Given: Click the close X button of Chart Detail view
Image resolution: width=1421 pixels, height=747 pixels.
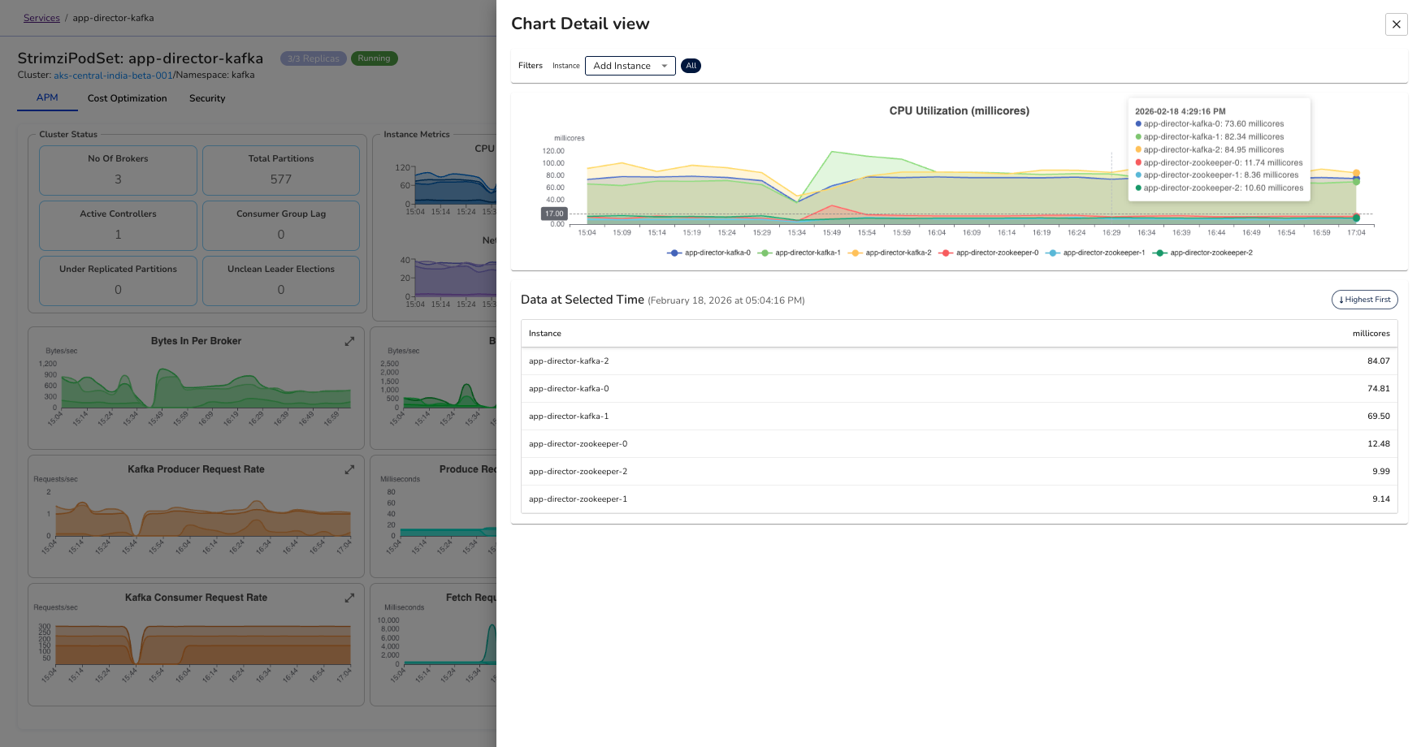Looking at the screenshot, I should coord(1396,24).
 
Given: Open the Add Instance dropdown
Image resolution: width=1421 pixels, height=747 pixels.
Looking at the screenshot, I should coord(630,66).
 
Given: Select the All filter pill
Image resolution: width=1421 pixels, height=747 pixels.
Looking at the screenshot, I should coord(691,66).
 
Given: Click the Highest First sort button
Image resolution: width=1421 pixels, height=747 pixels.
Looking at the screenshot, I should coord(1364,300).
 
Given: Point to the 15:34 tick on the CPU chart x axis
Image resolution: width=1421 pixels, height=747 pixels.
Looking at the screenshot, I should coord(796,233).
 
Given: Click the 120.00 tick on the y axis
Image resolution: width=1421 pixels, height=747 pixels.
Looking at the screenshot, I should coord(553,151).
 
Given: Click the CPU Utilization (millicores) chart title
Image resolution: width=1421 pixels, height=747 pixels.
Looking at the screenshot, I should coord(959,111).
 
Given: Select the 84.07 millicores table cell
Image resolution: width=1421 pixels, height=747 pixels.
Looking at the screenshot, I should coord(1378,361).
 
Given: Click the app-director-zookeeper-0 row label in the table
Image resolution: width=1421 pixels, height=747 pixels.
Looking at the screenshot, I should coord(578,444).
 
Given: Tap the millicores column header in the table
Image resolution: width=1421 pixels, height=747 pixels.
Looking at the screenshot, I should coord(1371,334).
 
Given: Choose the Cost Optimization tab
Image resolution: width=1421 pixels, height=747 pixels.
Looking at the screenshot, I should coord(128,98).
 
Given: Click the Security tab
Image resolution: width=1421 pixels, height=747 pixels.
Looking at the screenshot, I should coord(207,98).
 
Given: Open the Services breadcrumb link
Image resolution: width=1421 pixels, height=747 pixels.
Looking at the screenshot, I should coord(41,18).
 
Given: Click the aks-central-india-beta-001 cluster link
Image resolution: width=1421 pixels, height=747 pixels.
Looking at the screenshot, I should coord(113,76).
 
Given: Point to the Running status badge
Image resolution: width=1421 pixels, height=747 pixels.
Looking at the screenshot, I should coord(374,58).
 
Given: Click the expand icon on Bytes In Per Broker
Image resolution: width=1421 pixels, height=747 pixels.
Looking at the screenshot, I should coord(349,341).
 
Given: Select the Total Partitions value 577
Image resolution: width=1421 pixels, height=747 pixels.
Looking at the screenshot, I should coord(281,179).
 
